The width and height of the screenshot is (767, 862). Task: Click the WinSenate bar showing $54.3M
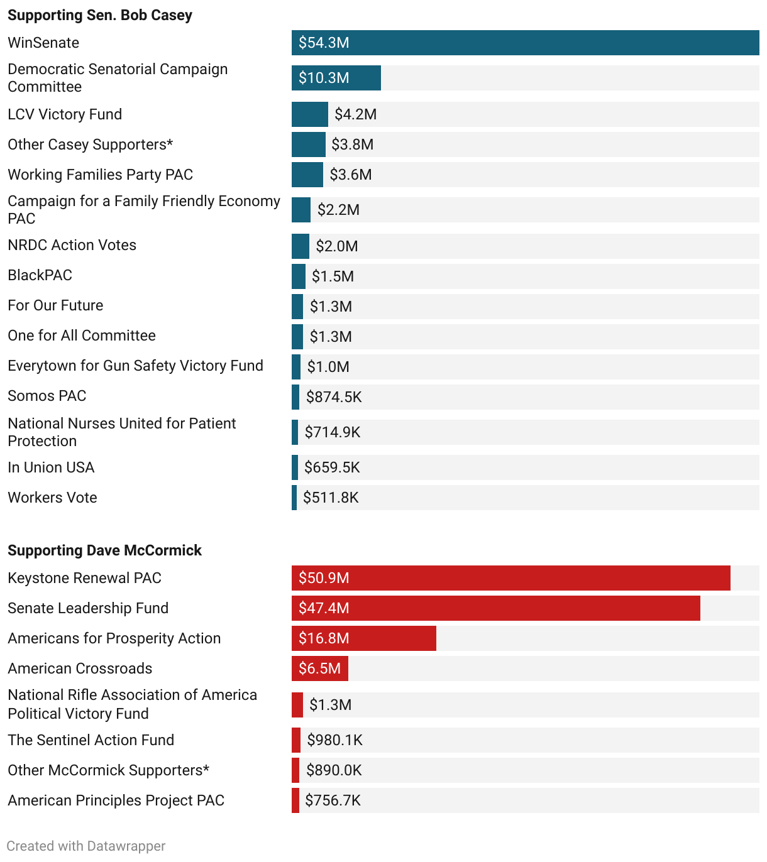click(x=525, y=43)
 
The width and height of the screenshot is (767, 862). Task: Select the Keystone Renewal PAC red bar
click(x=510, y=578)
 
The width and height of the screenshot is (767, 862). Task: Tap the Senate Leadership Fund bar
click(x=495, y=608)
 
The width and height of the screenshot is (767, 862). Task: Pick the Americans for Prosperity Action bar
click(x=363, y=638)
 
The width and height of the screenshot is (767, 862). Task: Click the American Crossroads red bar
click(x=319, y=668)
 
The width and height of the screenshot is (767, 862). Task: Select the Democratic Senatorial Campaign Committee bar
click(x=336, y=78)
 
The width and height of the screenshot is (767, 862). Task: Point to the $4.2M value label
click(x=355, y=114)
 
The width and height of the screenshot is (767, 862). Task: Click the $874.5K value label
click(x=334, y=397)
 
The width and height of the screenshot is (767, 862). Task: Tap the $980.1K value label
click(x=334, y=740)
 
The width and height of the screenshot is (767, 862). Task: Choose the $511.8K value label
click(x=331, y=498)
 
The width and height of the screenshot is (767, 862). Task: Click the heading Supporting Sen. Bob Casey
click(x=100, y=15)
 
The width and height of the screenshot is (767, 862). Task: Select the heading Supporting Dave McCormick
click(x=104, y=550)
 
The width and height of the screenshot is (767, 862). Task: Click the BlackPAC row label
click(x=40, y=275)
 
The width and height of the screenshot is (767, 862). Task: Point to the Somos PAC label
click(x=47, y=396)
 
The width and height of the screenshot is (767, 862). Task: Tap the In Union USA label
click(x=51, y=467)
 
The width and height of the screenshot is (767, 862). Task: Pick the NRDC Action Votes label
click(x=72, y=245)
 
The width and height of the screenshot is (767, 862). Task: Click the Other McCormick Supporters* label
click(x=108, y=770)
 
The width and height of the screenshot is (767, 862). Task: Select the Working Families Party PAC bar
click(x=307, y=175)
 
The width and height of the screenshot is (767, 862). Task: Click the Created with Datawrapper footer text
click(x=86, y=846)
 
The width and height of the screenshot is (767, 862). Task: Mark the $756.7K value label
click(x=333, y=800)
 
